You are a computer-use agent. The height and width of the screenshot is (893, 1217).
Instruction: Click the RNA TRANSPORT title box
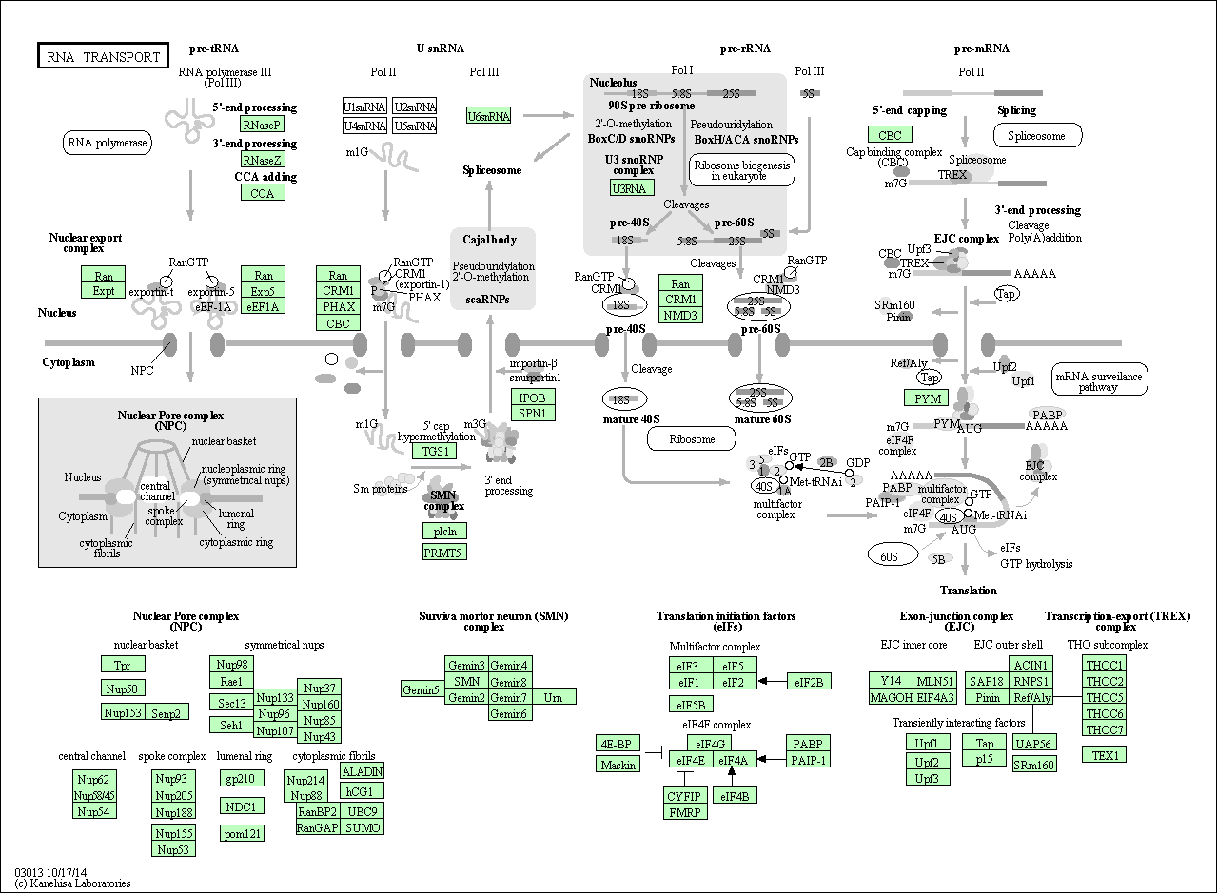pyautogui.click(x=103, y=56)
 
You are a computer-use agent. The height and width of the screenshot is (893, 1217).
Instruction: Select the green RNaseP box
pyautogui.click(x=262, y=125)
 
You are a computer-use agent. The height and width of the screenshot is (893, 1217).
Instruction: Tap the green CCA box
pyautogui.click(x=262, y=193)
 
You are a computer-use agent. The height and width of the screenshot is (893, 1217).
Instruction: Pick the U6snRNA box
pyautogui.click(x=488, y=116)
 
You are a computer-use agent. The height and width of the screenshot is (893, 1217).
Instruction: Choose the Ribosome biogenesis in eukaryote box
pyautogui.click(x=742, y=170)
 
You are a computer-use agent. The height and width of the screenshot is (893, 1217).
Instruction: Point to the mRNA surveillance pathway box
pyautogui.click(x=1099, y=381)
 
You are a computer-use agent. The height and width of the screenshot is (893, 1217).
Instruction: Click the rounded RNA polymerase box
pyautogui.click(x=108, y=144)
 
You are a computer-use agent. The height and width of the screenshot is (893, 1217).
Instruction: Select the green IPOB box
pyautogui.click(x=532, y=398)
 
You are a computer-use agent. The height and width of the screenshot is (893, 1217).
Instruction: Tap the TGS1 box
pyautogui.click(x=433, y=451)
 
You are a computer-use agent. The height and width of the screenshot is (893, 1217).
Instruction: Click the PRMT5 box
pyautogui.click(x=444, y=552)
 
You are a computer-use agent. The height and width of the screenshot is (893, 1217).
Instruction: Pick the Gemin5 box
pyautogui.click(x=422, y=689)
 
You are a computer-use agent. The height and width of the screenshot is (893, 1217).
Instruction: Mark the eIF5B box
pyautogui.click(x=691, y=705)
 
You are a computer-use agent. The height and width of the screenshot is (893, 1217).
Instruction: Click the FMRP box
pyautogui.click(x=685, y=811)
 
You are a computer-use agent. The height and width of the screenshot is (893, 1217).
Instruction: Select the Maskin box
pyautogui.click(x=618, y=764)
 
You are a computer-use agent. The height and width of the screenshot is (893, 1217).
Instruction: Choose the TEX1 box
pyautogui.click(x=1105, y=754)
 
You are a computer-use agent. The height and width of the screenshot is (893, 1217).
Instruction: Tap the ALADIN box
pyautogui.click(x=362, y=771)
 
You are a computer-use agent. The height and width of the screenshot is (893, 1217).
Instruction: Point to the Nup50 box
pyautogui.click(x=123, y=688)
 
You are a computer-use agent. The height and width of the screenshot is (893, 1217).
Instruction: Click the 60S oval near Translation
pyautogui.click(x=889, y=555)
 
